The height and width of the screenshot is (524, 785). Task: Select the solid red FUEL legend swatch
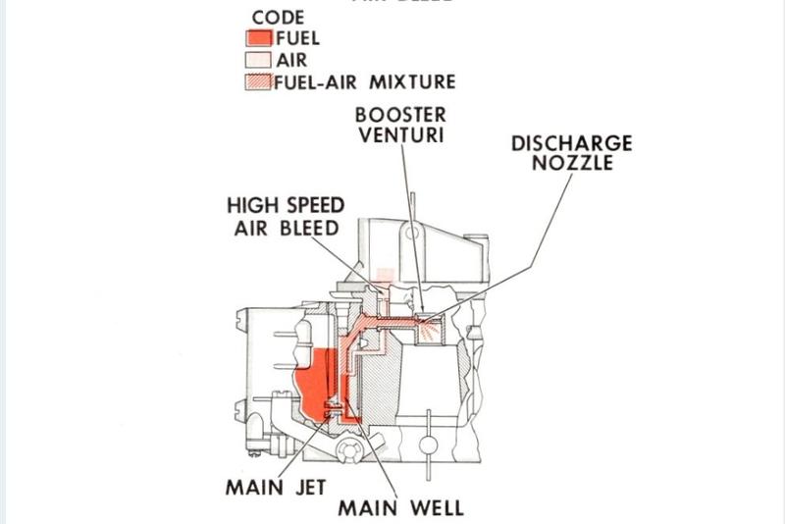(258, 39)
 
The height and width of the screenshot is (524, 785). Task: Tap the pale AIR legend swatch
(256, 61)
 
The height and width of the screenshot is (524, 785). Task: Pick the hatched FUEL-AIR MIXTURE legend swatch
(257, 82)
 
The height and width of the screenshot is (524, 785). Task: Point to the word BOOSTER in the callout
(399, 113)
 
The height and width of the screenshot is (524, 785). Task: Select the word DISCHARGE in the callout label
(571, 143)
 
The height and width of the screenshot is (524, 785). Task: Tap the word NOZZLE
(571, 163)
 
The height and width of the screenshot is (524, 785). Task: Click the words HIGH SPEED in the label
(286, 206)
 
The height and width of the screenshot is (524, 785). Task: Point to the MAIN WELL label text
(400, 507)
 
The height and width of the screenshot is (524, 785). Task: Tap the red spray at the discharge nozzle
(429, 334)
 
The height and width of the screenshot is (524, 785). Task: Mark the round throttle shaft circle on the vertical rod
(428, 445)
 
